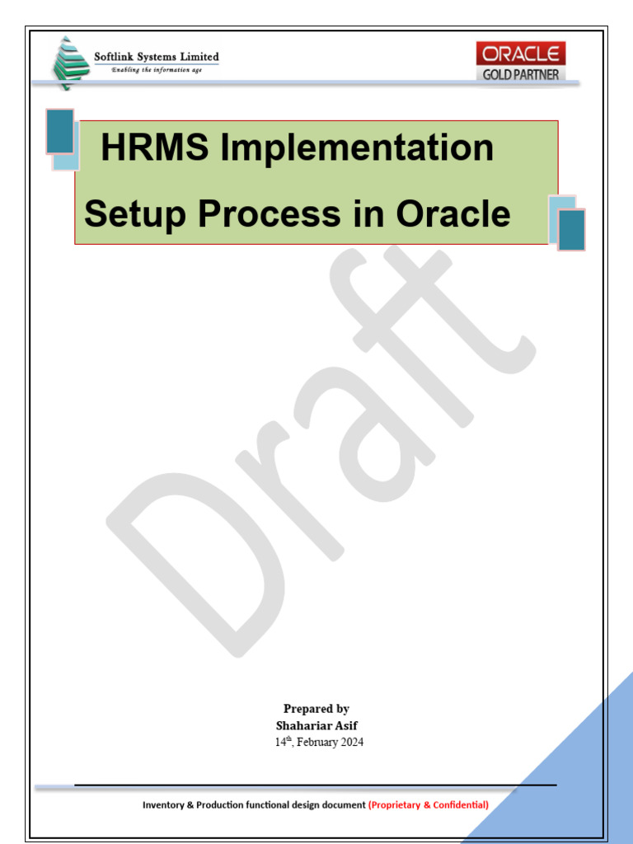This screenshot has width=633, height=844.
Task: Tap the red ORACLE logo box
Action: click(521, 54)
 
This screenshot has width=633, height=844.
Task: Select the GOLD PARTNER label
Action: click(521, 74)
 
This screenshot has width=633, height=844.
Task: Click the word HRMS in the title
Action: click(139, 148)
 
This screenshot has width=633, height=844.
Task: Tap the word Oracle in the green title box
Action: click(453, 214)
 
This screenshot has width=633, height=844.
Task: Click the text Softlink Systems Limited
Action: click(157, 57)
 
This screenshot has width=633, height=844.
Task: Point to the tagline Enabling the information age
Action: click(156, 70)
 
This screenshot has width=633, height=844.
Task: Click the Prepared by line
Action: click(316, 709)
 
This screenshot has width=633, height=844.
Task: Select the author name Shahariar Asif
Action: click(316, 725)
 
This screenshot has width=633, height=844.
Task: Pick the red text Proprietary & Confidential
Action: click(429, 804)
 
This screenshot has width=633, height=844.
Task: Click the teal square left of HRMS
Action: click(60, 131)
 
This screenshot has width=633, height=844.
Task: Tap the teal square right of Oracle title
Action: click(571, 229)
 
